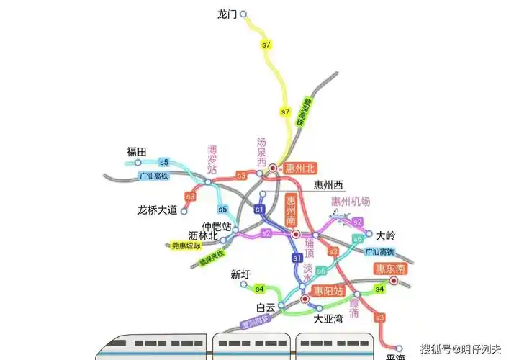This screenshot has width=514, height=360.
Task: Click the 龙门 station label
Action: coord(227,14)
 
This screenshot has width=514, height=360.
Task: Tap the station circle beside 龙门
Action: coord(243,14)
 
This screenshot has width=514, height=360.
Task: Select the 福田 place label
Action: coord(136,151)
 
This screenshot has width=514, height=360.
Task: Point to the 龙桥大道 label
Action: coord(157,210)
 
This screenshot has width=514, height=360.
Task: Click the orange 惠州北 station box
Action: coord(300,169)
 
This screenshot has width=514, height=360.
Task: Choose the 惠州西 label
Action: coord(331,184)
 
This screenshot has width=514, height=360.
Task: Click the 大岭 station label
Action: coord(387,235)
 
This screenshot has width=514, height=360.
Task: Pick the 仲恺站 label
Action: coord(216,226)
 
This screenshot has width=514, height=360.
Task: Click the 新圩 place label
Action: coord(240,274)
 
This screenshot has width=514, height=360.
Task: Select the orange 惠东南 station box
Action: coord(391,269)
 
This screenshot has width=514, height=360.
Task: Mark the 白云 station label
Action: coord(266,307)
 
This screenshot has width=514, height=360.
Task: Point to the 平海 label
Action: coord(396,356)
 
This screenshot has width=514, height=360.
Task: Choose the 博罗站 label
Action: coord(212,160)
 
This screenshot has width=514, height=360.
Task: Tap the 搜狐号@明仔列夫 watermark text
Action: coord(461,350)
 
